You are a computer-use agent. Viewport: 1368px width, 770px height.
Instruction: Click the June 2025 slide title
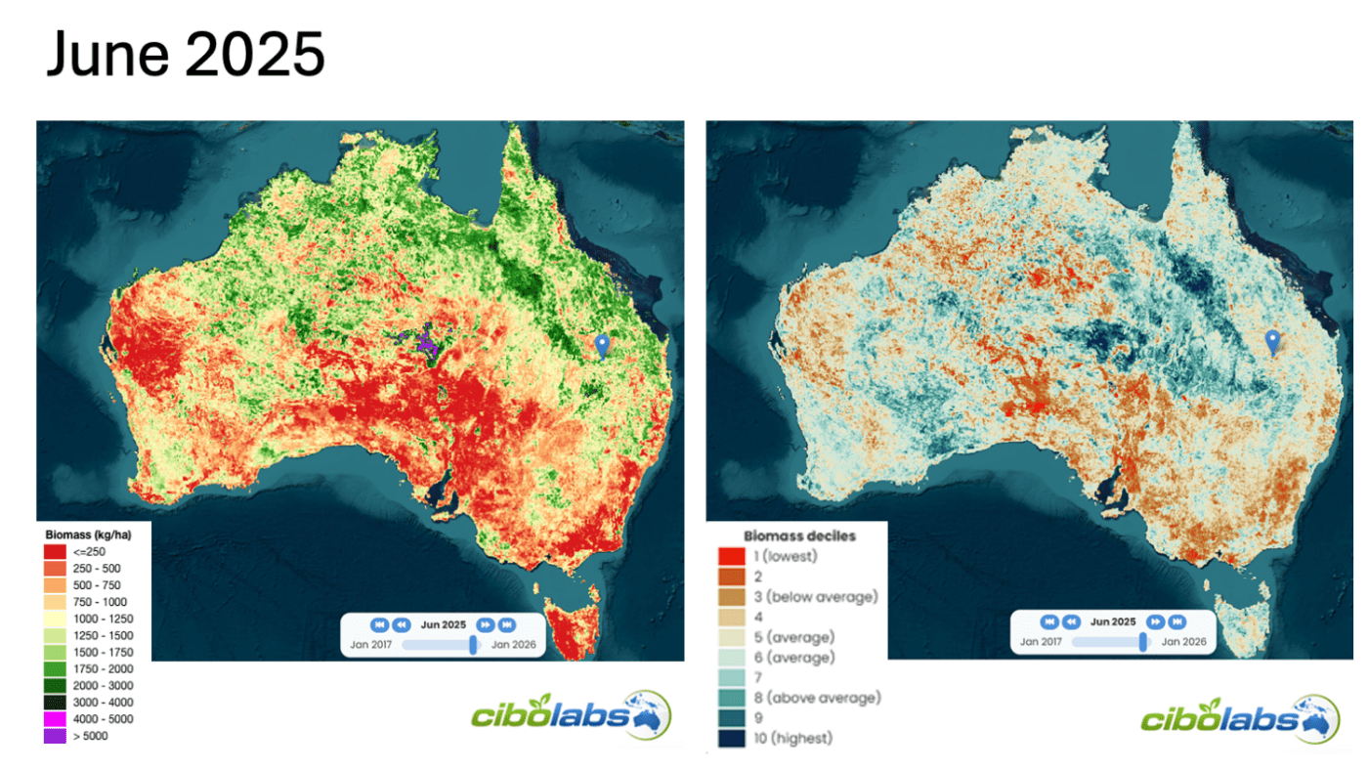point(185,55)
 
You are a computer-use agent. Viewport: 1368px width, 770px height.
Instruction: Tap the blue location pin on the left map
point(602,345)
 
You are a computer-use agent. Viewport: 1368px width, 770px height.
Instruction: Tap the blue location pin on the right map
point(1272,341)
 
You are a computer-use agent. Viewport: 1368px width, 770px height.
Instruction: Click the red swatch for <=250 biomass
point(55,552)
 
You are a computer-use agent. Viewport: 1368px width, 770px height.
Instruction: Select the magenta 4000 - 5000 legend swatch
point(55,719)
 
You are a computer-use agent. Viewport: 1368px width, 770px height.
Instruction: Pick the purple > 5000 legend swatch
point(55,736)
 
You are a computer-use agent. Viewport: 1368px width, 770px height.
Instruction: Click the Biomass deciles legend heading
point(799,535)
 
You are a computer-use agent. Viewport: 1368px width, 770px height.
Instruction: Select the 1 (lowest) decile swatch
point(731,556)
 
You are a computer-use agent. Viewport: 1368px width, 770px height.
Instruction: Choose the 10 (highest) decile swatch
point(731,739)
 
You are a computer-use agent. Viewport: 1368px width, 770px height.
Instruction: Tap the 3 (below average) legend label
point(815,597)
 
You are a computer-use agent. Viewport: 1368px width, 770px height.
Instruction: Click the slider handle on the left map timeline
point(474,644)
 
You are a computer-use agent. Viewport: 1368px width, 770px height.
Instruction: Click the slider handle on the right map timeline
point(1143,642)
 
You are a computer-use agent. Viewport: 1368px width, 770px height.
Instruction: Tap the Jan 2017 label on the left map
point(372,644)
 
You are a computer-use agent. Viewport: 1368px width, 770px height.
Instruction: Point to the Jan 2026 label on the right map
point(1182,642)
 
